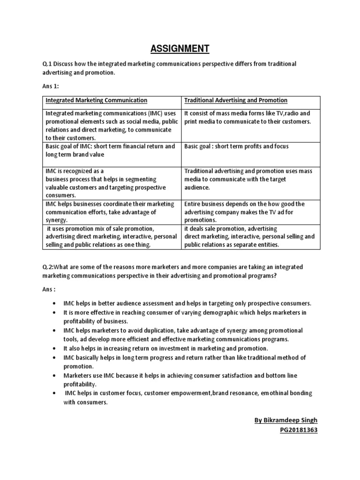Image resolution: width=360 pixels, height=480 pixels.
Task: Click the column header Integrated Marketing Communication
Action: [x=96, y=100]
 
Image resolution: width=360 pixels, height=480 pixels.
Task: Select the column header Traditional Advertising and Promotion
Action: [x=236, y=100]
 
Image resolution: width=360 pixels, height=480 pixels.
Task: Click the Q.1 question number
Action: [x=48, y=64]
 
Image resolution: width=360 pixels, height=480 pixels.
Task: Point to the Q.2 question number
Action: [x=49, y=267]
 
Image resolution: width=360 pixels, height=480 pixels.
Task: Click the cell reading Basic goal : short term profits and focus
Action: [x=237, y=146]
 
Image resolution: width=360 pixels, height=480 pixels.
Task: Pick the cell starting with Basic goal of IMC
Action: [x=110, y=150]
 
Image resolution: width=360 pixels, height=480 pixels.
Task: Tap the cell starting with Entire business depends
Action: [x=244, y=211]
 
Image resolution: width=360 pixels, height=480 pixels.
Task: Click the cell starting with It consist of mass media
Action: [x=247, y=117]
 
